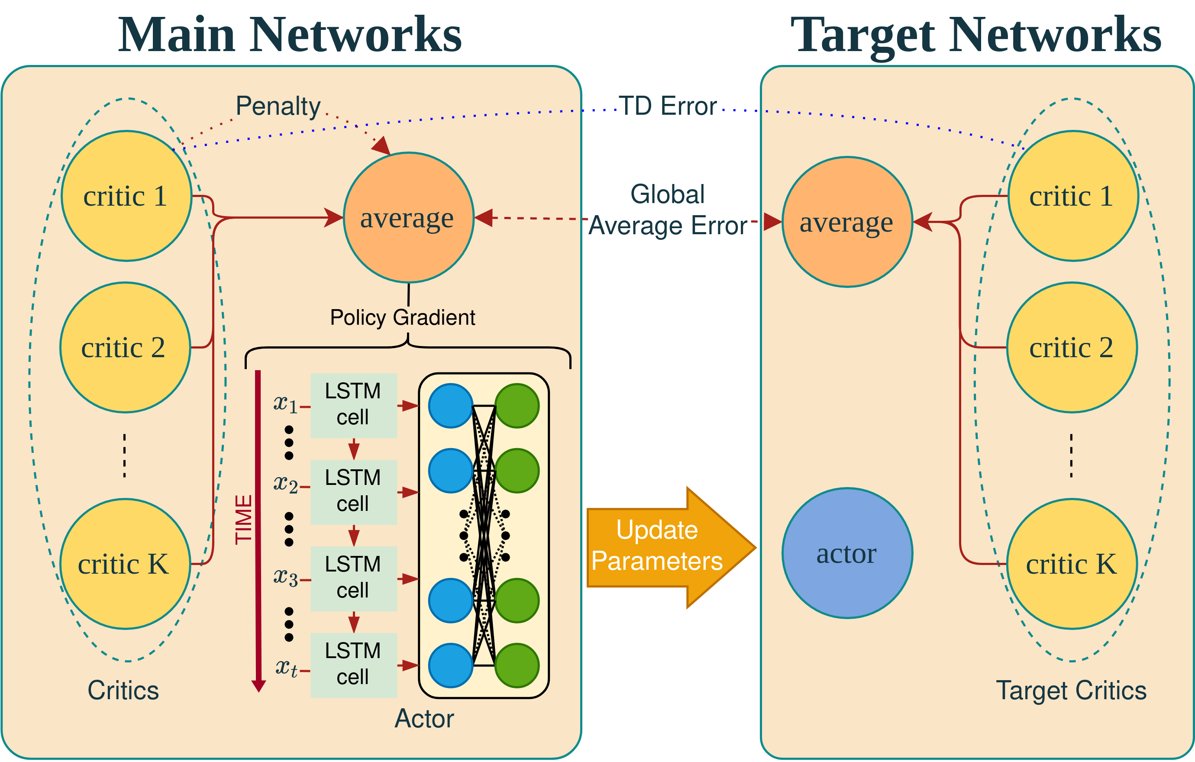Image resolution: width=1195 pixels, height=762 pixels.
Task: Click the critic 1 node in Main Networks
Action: [126, 196]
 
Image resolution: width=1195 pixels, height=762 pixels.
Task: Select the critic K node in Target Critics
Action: [1072, 564]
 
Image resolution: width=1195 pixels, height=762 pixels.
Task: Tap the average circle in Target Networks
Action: [847, 222]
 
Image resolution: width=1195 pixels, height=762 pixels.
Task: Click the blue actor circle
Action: [847, 553]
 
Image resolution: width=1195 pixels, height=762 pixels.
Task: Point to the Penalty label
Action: [278, 106]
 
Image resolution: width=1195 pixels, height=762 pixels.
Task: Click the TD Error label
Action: [668, 106]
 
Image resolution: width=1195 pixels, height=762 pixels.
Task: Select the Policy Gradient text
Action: [403, 317]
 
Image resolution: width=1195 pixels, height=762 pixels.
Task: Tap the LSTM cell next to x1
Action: [353, 405]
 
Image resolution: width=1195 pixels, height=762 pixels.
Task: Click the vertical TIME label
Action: [243, 520]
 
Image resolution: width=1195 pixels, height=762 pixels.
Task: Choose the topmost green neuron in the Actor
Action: [517, 405]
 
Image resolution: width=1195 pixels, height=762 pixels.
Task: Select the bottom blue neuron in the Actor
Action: [451, 665]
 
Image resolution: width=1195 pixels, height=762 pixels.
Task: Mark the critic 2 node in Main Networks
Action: [126, 347]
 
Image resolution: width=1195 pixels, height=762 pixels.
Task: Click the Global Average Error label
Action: [668, 210]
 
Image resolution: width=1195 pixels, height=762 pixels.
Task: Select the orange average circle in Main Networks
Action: [409, 218]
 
